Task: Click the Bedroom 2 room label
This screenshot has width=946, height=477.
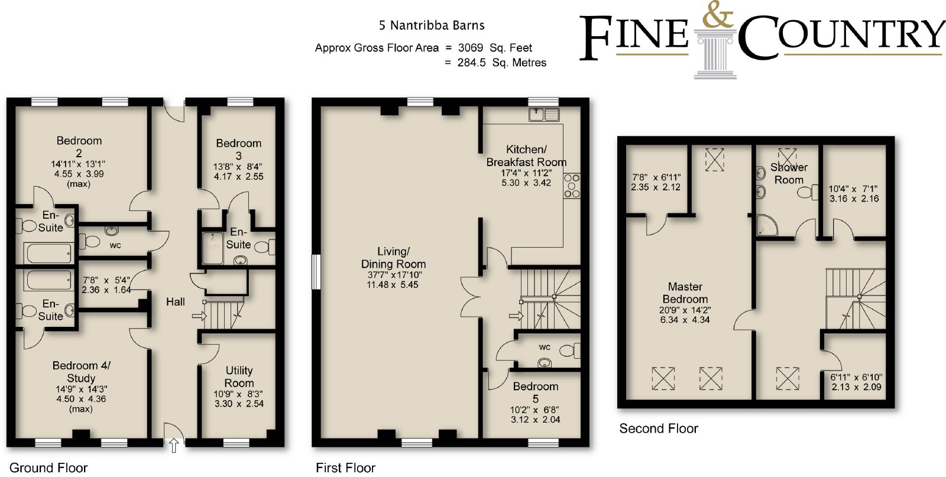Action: pyautogui.click(x=79, y=147)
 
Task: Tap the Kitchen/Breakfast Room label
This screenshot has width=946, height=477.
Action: pyautogui.click(x=526, y=156)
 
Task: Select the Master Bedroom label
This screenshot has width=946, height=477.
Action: pyautogui.click(x=685, y=293)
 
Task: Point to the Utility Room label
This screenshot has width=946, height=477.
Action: pyautogui.click(x=239, y=377)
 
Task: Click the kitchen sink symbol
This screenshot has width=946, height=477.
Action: pyautogui.click(x=545, y=115)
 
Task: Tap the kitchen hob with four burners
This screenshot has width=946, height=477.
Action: pyautogui.click(x=572, y=186)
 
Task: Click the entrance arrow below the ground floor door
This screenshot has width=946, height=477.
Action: pyautogui.click(x=174, y=445)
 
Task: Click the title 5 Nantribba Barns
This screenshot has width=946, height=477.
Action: pyautogui.click(x=432, y=25)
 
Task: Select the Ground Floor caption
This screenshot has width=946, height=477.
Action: pyautogui.click(x=48, y=468)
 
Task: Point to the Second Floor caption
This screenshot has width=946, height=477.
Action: pyautogui.click(x=659, y=429)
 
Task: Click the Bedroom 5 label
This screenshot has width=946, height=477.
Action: pyautogui.click(x=536, y=392)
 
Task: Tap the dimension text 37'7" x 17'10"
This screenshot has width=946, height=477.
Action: pyautogui.click(x=394, y=275)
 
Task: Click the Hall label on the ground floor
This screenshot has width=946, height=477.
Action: pyautogui.click(x=175, y=302)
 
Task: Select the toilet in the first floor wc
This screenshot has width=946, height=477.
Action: pyautogui.click(x=570, y=351)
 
